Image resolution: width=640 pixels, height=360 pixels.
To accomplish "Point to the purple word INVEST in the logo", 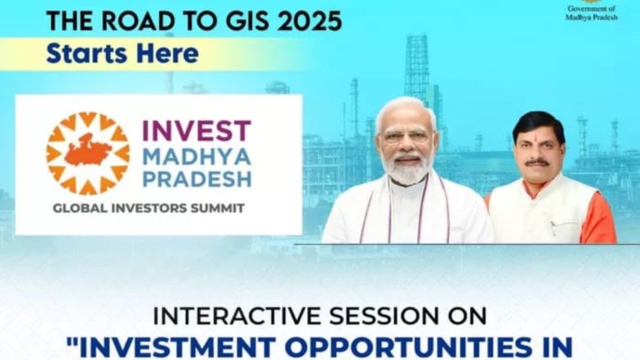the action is [197, 130].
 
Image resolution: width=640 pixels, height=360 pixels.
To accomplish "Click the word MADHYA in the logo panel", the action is [197, 157].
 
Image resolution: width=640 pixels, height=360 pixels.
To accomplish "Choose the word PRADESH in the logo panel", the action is [197, 179].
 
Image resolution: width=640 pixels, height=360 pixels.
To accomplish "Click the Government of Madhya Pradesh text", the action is [591, 13].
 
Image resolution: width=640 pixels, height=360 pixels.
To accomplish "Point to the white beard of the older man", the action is [406, 169].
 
